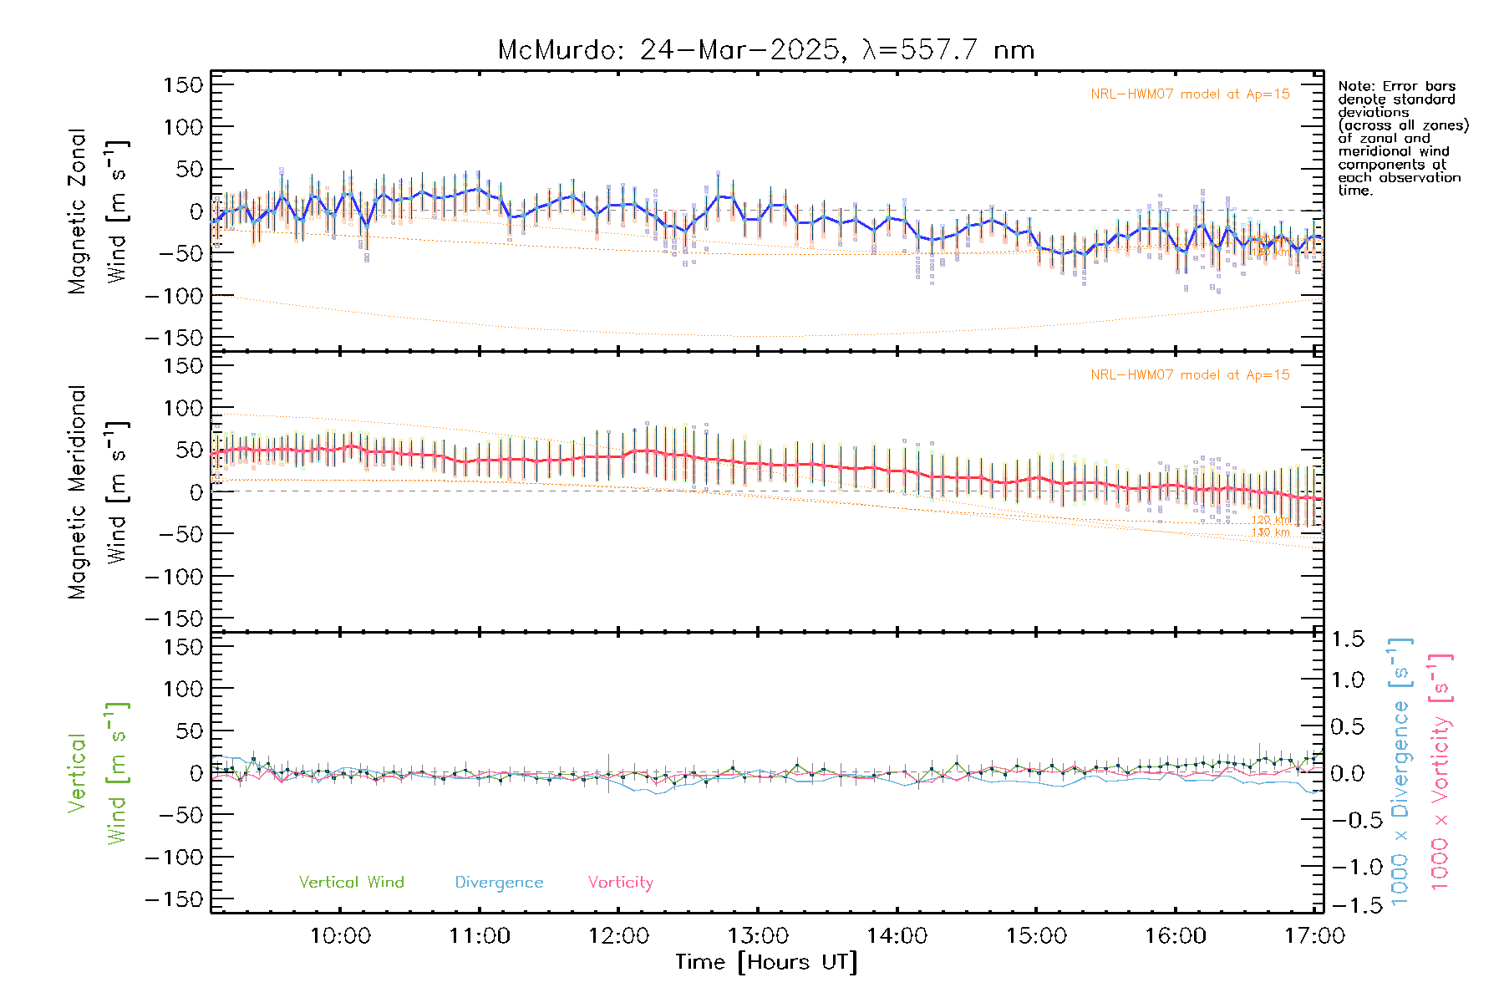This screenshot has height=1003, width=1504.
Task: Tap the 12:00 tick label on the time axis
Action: pos(618,936)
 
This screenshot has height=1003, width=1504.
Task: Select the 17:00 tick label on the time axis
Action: pos(1314,936)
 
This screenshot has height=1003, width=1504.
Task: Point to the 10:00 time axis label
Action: pos(340,936)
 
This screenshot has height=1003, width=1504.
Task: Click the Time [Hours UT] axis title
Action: pos(766,962)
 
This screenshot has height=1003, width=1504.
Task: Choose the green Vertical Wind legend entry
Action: pos(351,883)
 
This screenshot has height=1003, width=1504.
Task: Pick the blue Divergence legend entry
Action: pos(499,883)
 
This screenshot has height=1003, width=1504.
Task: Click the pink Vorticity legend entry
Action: pos(620,883)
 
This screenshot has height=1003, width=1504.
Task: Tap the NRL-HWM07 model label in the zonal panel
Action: pos(1190,94)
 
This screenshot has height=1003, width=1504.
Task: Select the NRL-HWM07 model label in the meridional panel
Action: pos(1190,375)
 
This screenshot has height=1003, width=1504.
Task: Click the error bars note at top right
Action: pos(1401,138)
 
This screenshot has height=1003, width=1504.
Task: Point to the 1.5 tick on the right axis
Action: pos(1348,639)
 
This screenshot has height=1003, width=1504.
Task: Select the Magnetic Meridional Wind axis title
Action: pos(98,492)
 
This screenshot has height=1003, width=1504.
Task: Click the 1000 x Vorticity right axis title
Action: pos(1440,772)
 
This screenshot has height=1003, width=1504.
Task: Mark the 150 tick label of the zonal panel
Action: pos(183,84)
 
